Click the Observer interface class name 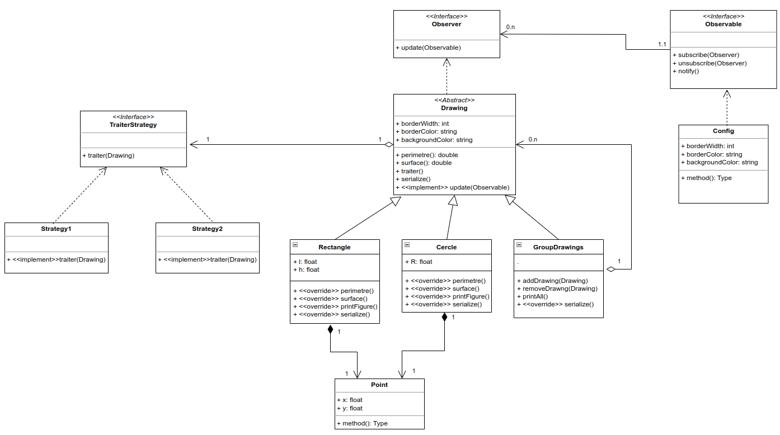(447, 24)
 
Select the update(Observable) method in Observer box (428, 48)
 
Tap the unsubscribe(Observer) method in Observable (709, 63)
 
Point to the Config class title (723, 131)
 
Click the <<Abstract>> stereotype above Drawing (454, 100)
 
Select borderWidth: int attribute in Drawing (422, 124)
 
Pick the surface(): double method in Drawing (423, 163)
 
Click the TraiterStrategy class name (133, 125)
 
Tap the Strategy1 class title (56, 229)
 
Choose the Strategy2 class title (207, 229)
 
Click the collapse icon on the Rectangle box (295, 245)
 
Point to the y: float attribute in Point (350, 408)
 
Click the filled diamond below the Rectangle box (331, 329)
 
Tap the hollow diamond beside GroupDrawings (610, 269)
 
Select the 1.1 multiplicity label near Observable (662, 44)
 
